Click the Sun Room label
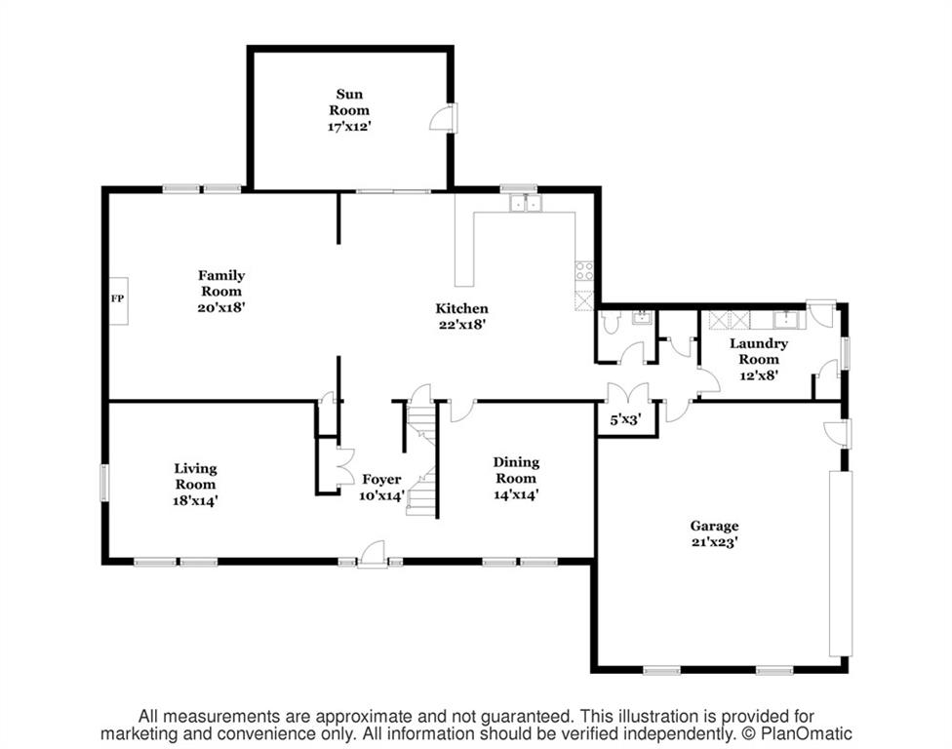[x=349, y=102]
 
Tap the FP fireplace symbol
[x=118, y=300]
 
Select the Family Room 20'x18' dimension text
[x=221, y=307]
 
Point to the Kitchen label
[x=461, y=308]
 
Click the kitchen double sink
[x=525, y=204]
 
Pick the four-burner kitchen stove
[x=584, y=271]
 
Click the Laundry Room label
[x=759, y=351]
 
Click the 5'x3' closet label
[x=624, y=418]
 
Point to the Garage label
[x=714, y=526]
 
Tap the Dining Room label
[x=516, y=470]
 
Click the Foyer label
[x=381, y=480]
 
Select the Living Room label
[x=195, y=476]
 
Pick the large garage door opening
[x=841, y=563]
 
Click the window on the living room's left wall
[x=104, y=483]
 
